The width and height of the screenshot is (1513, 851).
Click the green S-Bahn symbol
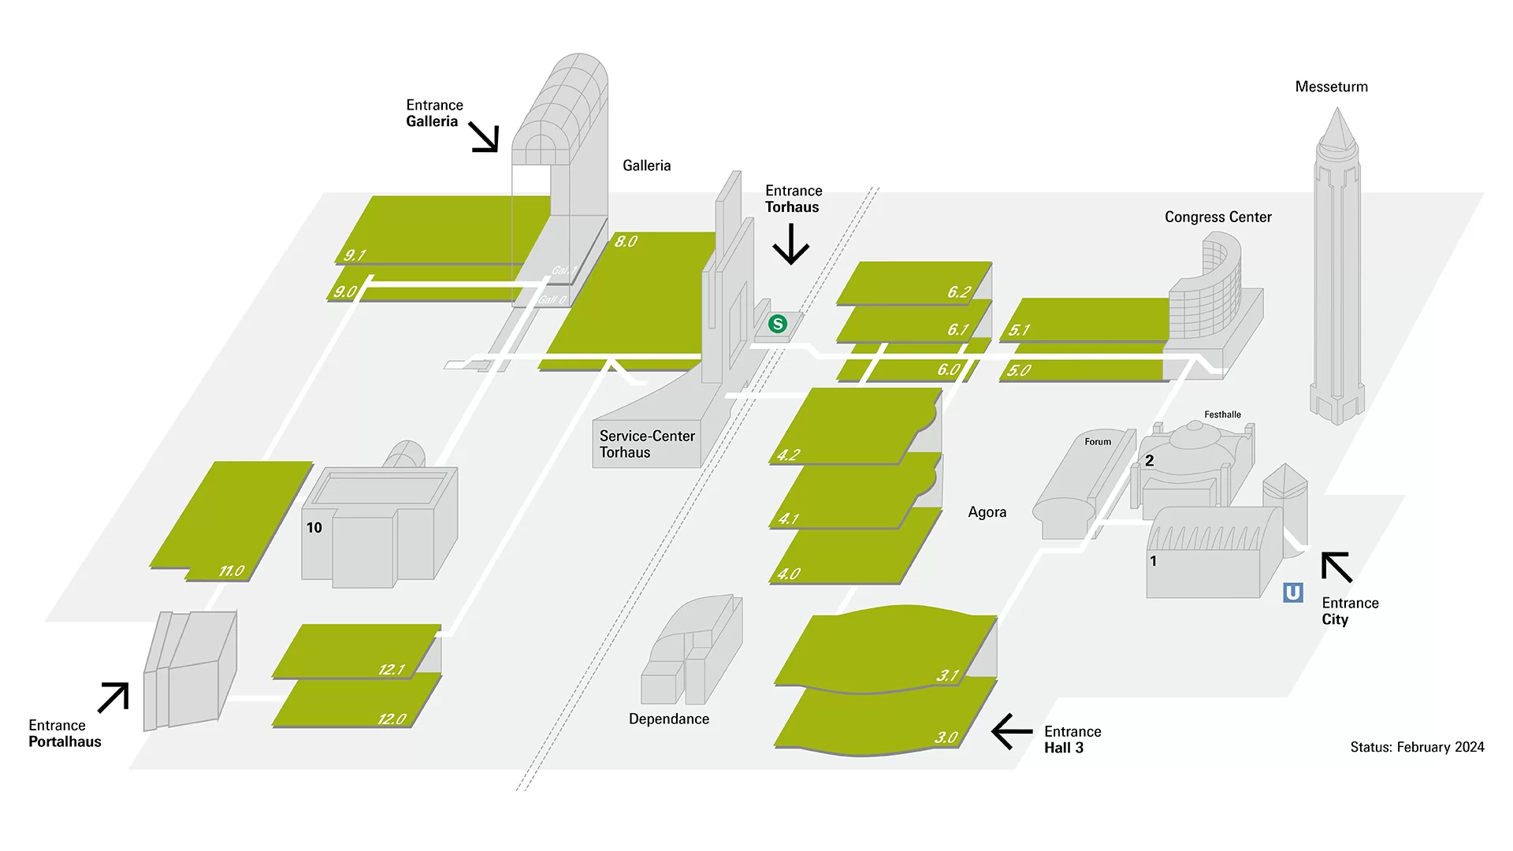coord(778,324)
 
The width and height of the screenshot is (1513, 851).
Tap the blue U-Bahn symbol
coord(1293,593)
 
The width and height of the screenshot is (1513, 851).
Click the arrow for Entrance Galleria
coord(484,137)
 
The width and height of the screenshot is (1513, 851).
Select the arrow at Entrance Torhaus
coord(791,243)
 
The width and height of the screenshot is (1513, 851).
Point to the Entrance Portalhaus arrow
coord(113,697)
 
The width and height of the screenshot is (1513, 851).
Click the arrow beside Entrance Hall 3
coord(1012,731)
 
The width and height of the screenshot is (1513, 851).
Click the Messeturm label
coord(1331,87)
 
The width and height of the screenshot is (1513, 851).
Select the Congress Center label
coord(1217,217)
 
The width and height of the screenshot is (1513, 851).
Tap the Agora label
coord(987,512)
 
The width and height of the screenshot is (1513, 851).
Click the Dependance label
coord(669,719)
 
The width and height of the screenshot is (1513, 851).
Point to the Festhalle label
coord(1222,414)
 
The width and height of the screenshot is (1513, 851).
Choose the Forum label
coord(1098,441)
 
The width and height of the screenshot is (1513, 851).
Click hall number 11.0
coord(232,570)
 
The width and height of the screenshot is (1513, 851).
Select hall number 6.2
coord(959,292)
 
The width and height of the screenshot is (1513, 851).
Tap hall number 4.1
coord(789,518)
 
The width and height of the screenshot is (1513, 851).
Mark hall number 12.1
coord(392,669)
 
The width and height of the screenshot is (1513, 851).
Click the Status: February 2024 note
coord(1417,747)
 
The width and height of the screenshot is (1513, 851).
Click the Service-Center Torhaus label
coord(647,444)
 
